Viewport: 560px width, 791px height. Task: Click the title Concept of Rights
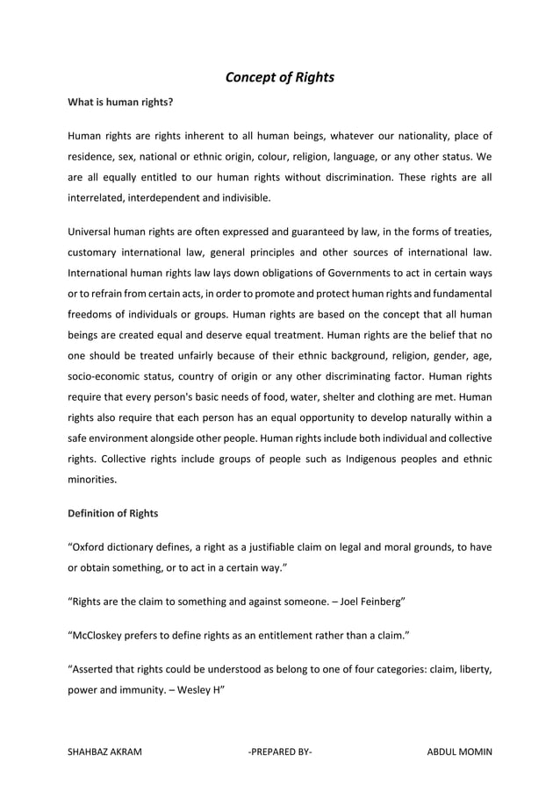tap(280, 77)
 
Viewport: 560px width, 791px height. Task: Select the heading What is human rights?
tap(120, 103)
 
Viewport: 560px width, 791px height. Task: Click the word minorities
tap(93, 481)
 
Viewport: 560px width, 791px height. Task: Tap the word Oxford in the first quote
tap(90, 547)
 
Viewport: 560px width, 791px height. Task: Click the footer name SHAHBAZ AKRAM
tap(105, 752)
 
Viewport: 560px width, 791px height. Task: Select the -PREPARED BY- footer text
tap(280, 752)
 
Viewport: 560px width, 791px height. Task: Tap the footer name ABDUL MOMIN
tap(458, 752)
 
